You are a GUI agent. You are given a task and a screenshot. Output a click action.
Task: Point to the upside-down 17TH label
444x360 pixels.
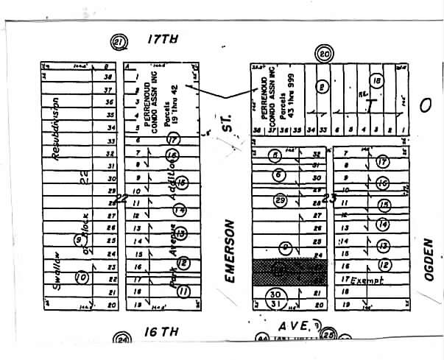(x=163, y=38)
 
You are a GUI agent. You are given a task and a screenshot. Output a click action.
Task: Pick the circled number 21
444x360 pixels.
(x=116, y=41)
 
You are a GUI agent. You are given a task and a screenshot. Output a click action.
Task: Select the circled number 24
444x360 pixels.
(x=121, y=339)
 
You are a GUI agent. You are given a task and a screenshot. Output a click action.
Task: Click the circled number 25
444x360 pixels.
(x=328, y=336)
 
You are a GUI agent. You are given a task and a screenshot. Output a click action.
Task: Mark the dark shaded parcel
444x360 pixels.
(x=289, y=272)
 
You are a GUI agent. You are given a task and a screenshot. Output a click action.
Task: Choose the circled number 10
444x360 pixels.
(x=82, y=277)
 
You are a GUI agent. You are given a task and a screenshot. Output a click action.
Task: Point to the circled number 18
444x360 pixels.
(x=377, y=82)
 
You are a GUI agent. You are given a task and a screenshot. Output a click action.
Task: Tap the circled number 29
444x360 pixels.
(x=279, y=200)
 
